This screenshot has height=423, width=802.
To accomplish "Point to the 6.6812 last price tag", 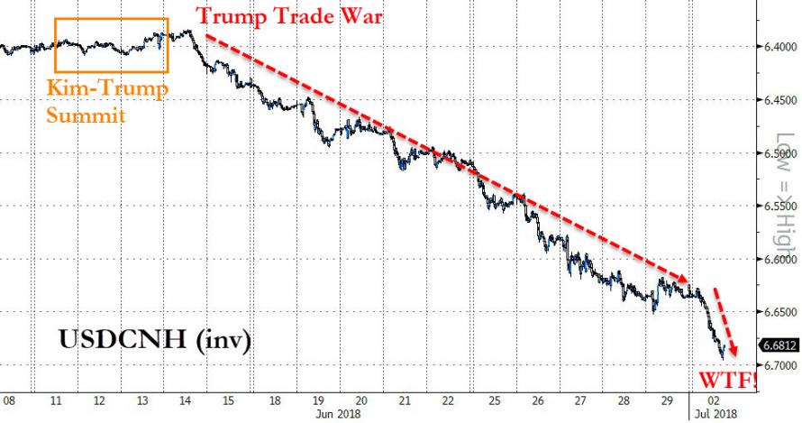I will (778, 345).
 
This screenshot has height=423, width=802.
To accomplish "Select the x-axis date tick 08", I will (9, 400).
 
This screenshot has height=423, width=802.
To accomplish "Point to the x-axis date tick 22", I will (447, 400).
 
